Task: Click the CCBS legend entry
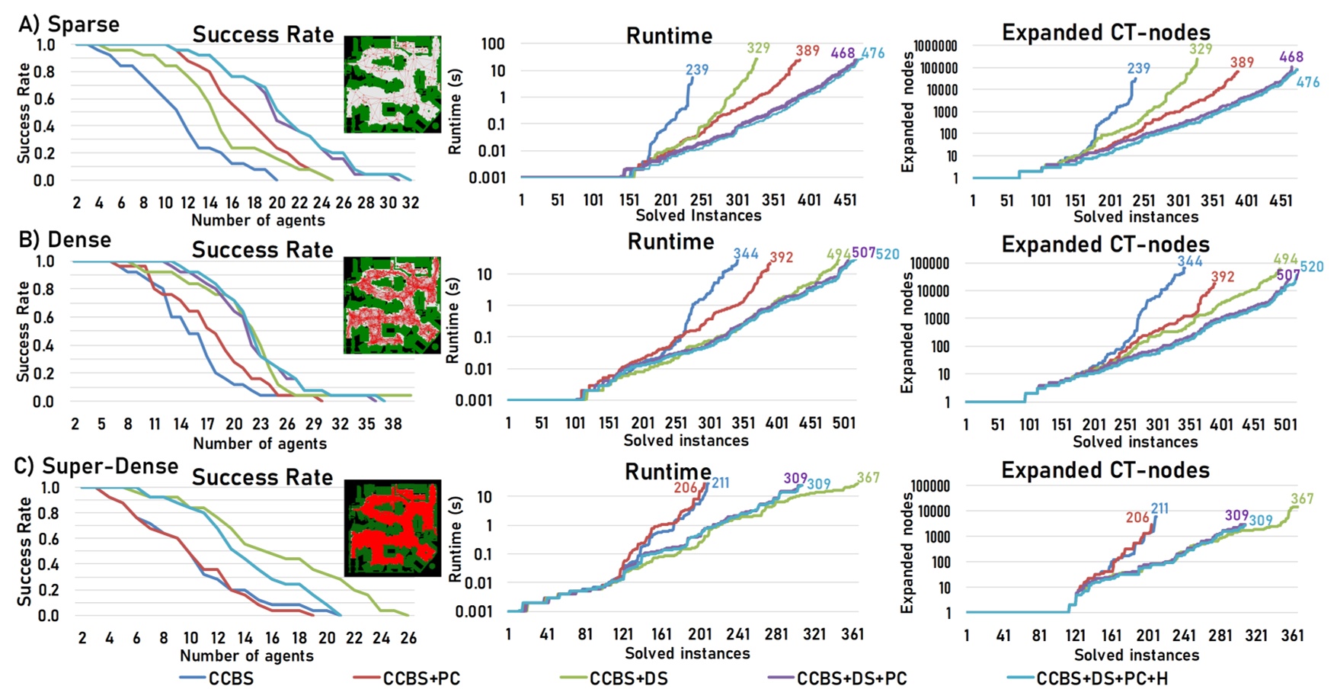(231, 678)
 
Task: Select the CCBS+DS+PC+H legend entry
(1101, 678)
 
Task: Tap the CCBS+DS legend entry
(628, 678)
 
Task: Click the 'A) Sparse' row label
(69, 24)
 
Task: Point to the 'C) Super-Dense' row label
(97, 466)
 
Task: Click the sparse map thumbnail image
(392, 84)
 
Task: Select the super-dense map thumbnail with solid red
(392, 527)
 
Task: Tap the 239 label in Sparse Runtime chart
(696, 70)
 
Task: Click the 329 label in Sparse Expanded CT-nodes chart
(1200, 50)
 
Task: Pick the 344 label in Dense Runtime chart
(745, 254)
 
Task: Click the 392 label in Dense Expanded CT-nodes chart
(1222, 277)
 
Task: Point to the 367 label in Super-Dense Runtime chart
(868, 478)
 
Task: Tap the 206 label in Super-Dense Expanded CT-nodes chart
(1137, 518)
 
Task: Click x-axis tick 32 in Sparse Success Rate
(410, 203)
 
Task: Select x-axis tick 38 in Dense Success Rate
(392, 424)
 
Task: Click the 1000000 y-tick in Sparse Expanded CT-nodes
(935, 46)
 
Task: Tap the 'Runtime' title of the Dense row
(670, 242)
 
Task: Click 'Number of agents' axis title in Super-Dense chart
(246, 655)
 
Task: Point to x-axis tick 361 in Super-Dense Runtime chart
(852, 634)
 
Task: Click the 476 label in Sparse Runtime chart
(873, 53)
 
